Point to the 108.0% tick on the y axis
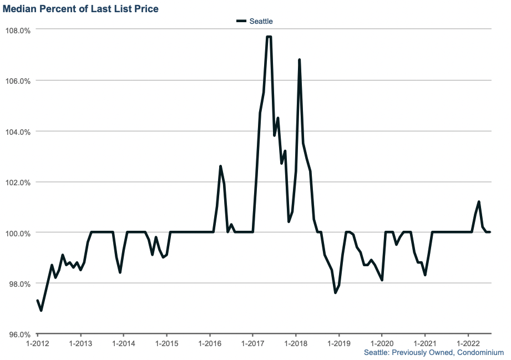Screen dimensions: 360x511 18,29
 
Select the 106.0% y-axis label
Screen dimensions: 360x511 18,80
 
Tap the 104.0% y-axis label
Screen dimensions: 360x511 18,131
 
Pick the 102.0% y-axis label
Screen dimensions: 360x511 18,182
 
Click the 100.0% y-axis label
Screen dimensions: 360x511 18,233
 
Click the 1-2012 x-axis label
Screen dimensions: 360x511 37,343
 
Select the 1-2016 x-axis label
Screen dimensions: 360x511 209,343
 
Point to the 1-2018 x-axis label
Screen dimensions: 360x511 295,343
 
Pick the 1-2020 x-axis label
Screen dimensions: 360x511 381,343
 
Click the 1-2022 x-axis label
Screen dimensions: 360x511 468,343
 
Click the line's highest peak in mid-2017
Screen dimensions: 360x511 269,37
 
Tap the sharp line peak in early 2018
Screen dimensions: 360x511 299,59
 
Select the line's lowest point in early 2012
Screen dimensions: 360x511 41,311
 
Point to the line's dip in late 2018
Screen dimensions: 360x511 335,293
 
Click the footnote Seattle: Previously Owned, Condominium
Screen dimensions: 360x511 433,353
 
